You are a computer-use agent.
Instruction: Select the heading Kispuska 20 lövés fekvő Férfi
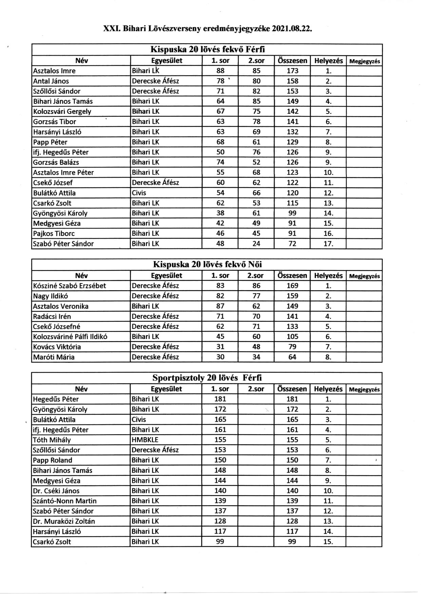[207, 49]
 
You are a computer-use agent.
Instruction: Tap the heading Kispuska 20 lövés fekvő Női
[207, 264]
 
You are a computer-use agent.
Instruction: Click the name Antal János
[51, 81]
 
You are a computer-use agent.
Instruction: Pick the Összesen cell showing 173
[292, 71]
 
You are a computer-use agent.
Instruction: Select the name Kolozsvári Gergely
[62, 112]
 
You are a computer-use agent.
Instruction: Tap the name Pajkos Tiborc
[54, 234]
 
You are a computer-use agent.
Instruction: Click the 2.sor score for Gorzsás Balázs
[256, 162]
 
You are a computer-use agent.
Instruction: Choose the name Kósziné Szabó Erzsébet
[70, 286]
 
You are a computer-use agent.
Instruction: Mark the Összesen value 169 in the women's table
[292, 286]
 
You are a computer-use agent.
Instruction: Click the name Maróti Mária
[54, 357]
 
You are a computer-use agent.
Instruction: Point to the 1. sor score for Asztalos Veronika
[220, 306]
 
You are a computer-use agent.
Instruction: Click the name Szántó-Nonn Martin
[65, 501]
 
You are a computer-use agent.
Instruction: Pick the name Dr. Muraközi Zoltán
[64, 521]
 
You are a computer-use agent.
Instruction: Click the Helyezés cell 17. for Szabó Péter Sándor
[328, 244]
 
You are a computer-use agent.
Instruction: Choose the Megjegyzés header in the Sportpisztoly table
[364, 390]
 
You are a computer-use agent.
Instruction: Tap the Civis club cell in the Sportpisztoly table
[139, 419]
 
